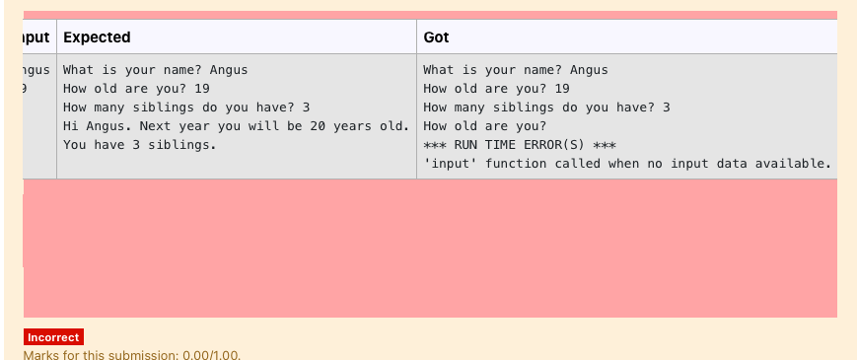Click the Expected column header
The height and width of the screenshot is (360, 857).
point(97,37)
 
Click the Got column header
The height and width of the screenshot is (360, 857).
point(436,37)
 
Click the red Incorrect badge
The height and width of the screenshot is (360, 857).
point(53,337)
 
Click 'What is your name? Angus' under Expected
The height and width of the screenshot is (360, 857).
point(155,70)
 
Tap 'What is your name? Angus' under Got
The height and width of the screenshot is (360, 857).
point(515,70)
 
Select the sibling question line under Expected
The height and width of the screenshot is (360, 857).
point(186,108)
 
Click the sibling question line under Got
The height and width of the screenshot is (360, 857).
point(546,108)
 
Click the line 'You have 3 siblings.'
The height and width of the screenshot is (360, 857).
point(139,145)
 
